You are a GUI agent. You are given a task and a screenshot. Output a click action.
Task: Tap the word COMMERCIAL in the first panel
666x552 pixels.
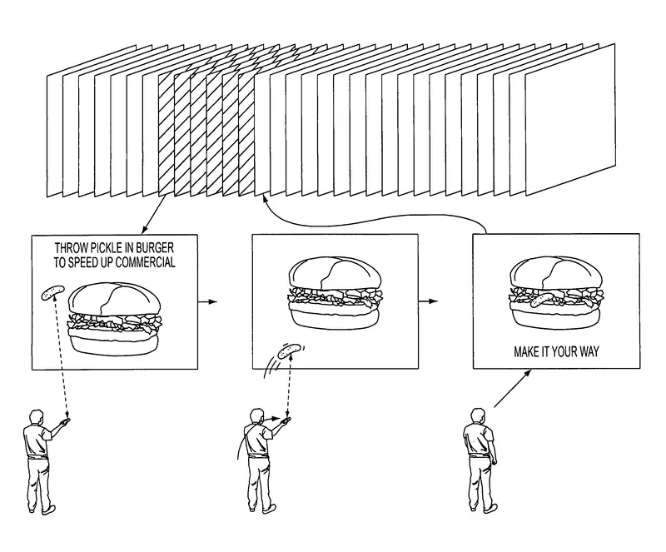[145, 262]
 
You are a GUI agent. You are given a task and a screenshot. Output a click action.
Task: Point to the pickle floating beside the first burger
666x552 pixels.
[52, 292]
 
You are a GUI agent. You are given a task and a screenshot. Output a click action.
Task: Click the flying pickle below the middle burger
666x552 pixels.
[289, 351]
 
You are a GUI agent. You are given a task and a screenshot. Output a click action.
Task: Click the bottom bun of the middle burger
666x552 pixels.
[334, 316]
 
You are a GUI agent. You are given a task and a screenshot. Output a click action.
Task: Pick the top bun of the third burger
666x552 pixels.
[556, 273]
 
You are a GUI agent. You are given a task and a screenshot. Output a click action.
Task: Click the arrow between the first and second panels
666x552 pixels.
[207, 301]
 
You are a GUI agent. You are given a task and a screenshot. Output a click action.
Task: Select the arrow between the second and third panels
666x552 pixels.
[428, 301]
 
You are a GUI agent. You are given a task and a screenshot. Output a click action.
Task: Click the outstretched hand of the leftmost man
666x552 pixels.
[65, 421]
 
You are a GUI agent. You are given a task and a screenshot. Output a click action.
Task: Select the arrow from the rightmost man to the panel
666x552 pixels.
[513, 388]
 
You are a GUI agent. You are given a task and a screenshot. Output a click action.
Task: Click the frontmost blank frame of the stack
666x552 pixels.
[570, 119]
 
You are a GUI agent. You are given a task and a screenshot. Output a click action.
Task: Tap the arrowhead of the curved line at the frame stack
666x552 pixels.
[265, 198]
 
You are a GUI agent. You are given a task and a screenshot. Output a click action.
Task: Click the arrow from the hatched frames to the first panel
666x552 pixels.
[153, 214]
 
